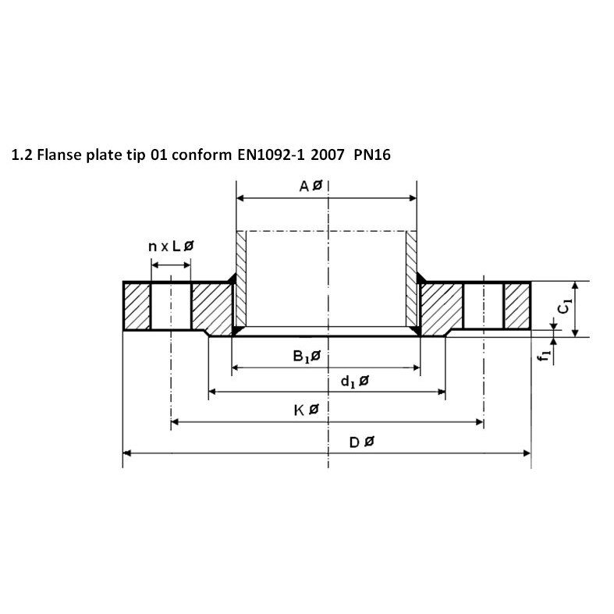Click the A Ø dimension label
(311, 186)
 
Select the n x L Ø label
(170, 246)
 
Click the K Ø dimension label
(306, 410)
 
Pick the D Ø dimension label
(361, 442)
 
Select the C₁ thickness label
(565, 307)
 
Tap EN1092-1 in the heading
(265, 154)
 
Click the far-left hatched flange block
(136, 307)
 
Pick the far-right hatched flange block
(516, 307)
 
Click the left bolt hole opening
(170, 307)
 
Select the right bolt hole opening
(483, 307)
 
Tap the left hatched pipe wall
(241, 279)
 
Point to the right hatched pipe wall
(411, 279)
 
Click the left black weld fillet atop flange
(232, 279)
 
